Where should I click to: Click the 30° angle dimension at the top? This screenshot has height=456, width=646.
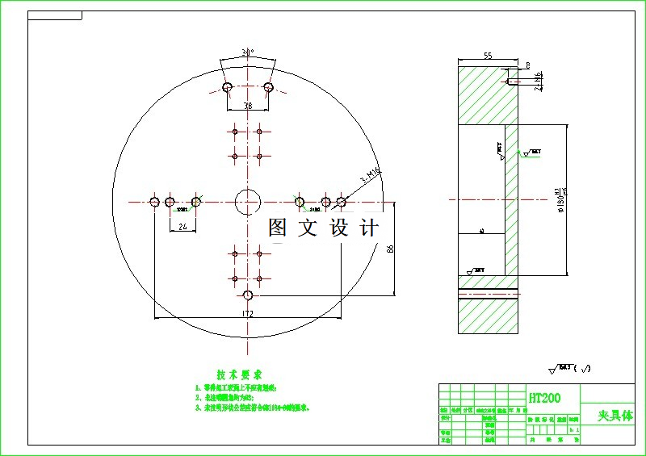(x=248, y=52)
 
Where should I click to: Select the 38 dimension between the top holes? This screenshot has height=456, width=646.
(x=248, y=105)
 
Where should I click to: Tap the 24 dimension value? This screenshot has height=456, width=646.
(x=182, y=228)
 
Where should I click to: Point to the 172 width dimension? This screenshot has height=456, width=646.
(x=248, y=313)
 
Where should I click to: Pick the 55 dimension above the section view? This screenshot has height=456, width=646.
(x=489, y=56)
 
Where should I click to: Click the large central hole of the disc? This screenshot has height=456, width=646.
(x=248, y=201)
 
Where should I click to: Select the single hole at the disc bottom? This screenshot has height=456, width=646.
(x=248, y=295)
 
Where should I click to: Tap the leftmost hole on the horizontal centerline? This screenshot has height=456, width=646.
(x=154, y=201)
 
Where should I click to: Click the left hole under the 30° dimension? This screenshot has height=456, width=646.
(x=228, y=86)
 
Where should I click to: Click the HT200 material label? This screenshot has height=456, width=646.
(x=543, y=398)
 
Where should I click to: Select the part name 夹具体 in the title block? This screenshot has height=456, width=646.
(x=615, y=416)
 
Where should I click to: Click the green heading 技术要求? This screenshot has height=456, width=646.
(x=239, y=375)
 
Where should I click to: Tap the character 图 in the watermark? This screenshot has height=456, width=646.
(x=278, y=228)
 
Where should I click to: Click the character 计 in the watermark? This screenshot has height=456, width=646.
(x=369, y=228)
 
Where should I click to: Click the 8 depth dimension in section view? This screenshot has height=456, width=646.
(x=527, y=65)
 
